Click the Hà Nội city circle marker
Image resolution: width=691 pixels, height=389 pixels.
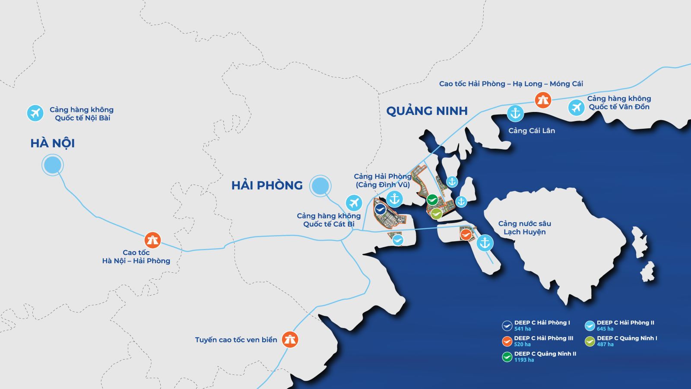point(53,165)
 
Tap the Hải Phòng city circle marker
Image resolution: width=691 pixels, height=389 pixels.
point(320,186)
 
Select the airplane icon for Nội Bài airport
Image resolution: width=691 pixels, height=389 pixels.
point(35,113)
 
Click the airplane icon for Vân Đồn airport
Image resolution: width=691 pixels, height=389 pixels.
point(576,107)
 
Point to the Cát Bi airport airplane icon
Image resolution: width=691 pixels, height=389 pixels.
point(354,203)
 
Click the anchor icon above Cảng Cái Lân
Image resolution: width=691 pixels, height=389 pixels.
point(515,113)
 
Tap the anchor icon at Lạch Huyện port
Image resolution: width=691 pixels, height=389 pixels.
point(485,243)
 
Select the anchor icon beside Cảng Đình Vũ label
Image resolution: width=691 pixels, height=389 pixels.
point(394,199)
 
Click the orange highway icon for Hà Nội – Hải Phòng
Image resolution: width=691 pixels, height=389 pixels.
point(152,240)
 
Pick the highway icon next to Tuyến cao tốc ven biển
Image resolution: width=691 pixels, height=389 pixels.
point(290,339)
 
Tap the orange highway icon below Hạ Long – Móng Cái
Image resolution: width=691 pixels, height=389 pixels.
point(542,100)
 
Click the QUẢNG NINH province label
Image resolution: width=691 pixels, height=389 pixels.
point(427,111)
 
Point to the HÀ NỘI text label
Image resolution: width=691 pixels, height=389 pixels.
point(53,143)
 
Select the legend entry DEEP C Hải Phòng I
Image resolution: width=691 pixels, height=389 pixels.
point(542,323)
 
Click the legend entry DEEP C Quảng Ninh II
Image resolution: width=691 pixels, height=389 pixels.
point(545,354)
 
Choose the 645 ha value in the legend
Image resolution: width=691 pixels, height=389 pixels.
point(605,329)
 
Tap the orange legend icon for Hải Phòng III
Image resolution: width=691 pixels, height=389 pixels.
point(507,341)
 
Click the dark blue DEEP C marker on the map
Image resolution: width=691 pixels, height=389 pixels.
point(380,209)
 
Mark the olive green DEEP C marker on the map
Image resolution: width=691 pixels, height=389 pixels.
point(436,213)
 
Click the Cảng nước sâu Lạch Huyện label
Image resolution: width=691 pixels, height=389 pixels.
point(524,228)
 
